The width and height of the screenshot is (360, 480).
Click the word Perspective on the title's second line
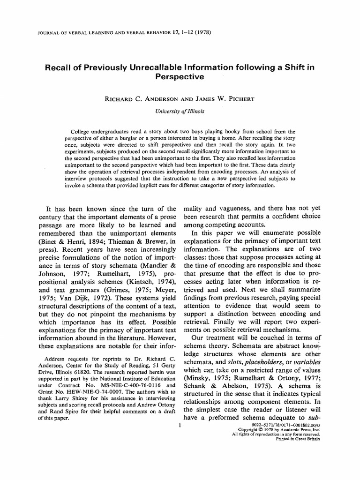pos(180,76)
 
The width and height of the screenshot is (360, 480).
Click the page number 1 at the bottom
pos(180,426)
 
